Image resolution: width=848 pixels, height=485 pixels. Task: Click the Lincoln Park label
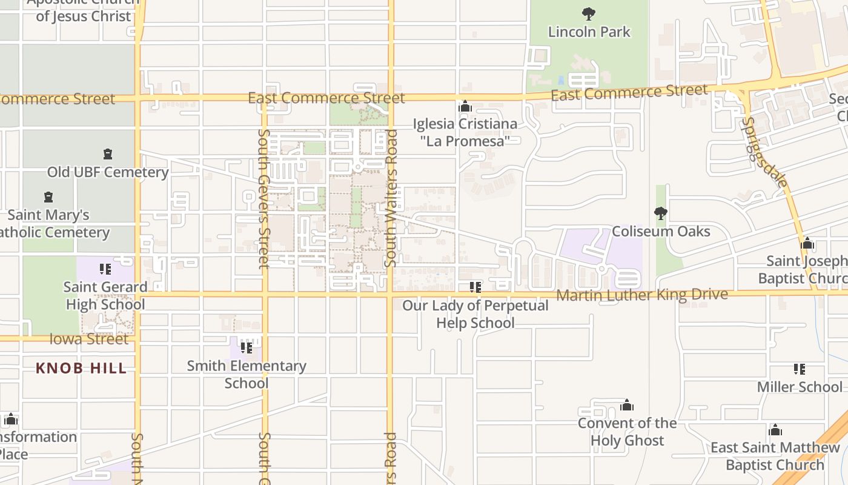click(589, 32)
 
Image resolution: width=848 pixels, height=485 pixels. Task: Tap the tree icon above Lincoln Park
click(588, 13)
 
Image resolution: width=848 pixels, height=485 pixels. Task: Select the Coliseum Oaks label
click(661, 232)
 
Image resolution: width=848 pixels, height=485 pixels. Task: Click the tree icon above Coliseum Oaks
click(661, 213)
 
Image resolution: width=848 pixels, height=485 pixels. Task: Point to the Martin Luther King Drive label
click(642, 295)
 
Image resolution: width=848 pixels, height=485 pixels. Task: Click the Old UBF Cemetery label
click(108, 172)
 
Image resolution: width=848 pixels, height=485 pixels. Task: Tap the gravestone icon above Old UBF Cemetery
click(108, 154)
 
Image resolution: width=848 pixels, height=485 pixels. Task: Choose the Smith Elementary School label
click(247, 375)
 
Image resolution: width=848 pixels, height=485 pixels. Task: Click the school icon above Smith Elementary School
click(247, 348)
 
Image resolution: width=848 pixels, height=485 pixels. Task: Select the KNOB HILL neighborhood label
click(81, 368)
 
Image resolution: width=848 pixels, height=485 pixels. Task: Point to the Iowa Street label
click(89, 339)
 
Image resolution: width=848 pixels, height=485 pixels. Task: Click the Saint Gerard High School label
click(105, 296)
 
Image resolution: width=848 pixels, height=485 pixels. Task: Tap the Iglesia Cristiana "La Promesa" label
click(465, 132)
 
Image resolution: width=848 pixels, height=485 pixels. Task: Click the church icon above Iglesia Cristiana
click(465, 107)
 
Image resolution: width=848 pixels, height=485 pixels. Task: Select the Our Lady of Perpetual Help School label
click(475, 314)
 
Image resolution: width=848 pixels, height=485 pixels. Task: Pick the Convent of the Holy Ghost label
click(627, 432)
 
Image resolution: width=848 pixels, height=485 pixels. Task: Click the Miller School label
click(800, 387)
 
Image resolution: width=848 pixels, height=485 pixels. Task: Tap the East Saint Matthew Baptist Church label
click(775, 457)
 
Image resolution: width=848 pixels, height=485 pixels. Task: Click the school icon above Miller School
click(800, 369)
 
